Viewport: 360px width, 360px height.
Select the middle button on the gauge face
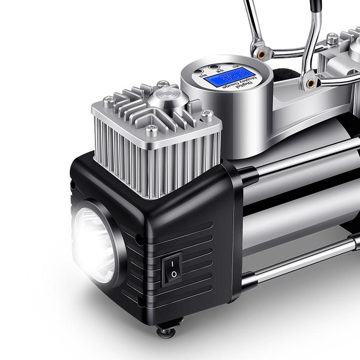pyautogui.click(x=213, y=67)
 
